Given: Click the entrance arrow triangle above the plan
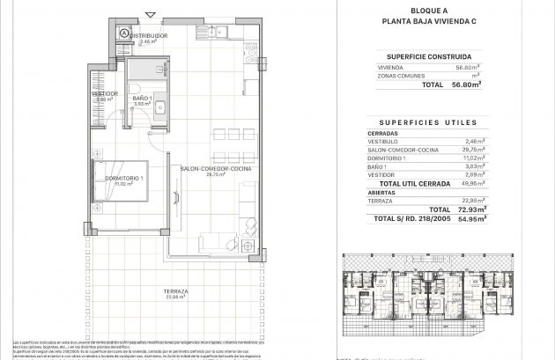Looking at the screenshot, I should coord(154,14).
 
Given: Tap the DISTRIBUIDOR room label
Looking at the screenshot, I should coord(149,36).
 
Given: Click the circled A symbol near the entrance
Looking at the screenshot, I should coord(124,34).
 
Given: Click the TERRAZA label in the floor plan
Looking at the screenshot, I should coord(162,291).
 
